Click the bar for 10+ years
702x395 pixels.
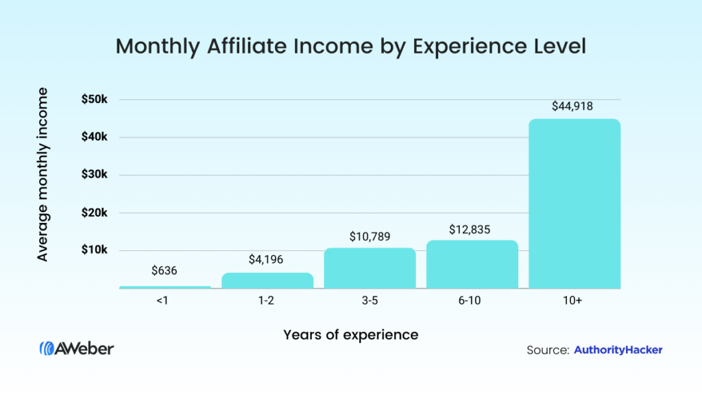point(574,204)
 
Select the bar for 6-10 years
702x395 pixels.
point(472,264)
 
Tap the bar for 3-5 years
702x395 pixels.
point(370,268)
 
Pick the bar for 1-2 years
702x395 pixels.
point(267,280)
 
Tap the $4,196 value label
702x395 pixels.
point(267,260)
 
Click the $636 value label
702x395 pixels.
point(165,270)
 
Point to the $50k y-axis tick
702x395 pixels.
point(95,99)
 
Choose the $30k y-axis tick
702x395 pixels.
point(95,175)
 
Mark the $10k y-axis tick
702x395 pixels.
point(95,250)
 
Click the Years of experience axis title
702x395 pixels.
point(350,335)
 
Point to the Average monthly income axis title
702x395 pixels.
point(43,173)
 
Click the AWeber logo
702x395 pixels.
point(77,348)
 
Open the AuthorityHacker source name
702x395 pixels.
point(618,350)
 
